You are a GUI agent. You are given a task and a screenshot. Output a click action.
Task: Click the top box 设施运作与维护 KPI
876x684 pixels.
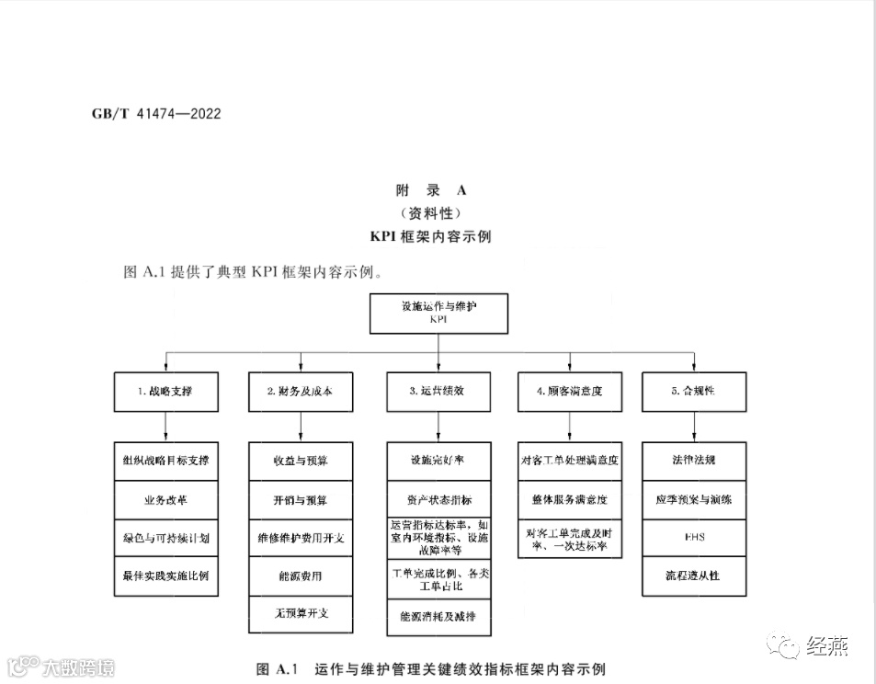438,313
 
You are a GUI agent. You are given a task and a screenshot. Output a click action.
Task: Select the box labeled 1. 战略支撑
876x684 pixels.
166,391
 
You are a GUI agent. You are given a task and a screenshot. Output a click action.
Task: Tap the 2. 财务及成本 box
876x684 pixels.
300,391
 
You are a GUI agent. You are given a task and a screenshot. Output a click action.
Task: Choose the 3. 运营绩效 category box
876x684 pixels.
438,391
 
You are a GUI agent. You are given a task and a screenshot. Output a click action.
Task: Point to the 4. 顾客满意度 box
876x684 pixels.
570,391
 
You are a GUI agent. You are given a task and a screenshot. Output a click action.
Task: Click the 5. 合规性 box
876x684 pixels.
693,391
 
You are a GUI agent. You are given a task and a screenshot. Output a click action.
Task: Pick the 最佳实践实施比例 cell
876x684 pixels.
166,576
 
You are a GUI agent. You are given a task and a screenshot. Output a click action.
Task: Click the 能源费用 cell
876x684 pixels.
300,576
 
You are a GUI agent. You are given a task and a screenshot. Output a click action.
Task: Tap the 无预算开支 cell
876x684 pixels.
300,614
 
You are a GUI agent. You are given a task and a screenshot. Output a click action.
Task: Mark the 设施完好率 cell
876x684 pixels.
438,460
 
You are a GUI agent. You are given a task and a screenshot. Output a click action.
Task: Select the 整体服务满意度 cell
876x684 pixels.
570,499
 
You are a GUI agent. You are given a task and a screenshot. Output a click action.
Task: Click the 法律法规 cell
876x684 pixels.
693,460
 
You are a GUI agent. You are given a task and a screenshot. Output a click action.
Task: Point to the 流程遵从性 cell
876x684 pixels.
693,576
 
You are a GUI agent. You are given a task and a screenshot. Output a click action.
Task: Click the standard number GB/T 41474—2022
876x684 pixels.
156,115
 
